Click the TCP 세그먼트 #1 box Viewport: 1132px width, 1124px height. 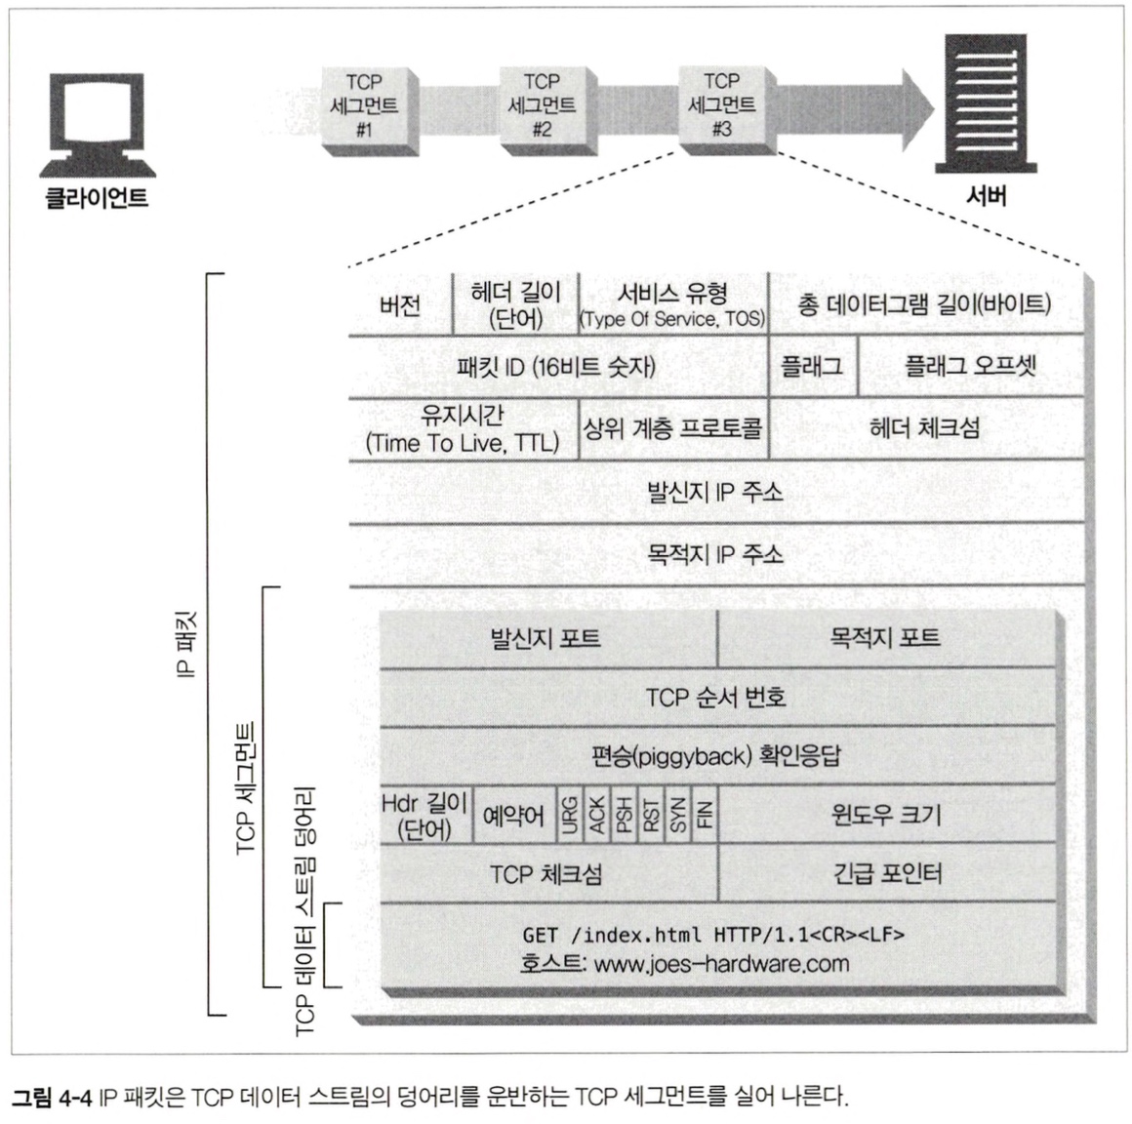tap(363, 106)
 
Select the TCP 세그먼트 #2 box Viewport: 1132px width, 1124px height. tap(542, 106)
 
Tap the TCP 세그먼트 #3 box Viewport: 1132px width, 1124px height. tap(721, 104)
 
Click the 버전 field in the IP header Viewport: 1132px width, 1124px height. tap(400, 305)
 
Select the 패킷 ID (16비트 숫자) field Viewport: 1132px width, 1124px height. tap(556, 367)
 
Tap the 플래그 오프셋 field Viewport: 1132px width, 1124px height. tap(970, 367)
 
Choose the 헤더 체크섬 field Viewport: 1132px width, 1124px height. tap(924, 427)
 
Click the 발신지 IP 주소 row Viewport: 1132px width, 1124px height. tap(715, 492)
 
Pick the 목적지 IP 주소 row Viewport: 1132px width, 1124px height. tap(715, 554)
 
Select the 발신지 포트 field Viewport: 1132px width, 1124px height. tap(546, 639)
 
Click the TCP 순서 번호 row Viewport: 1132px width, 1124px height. tap(715, 698)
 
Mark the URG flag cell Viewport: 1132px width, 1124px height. tap(569, 815)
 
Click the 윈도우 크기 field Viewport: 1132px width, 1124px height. tap(886, 815)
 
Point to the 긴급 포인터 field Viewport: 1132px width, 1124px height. tap(886, 872)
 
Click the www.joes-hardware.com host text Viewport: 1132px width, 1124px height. tap(721, 964)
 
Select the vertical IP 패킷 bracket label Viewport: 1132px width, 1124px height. tap(186, 643)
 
